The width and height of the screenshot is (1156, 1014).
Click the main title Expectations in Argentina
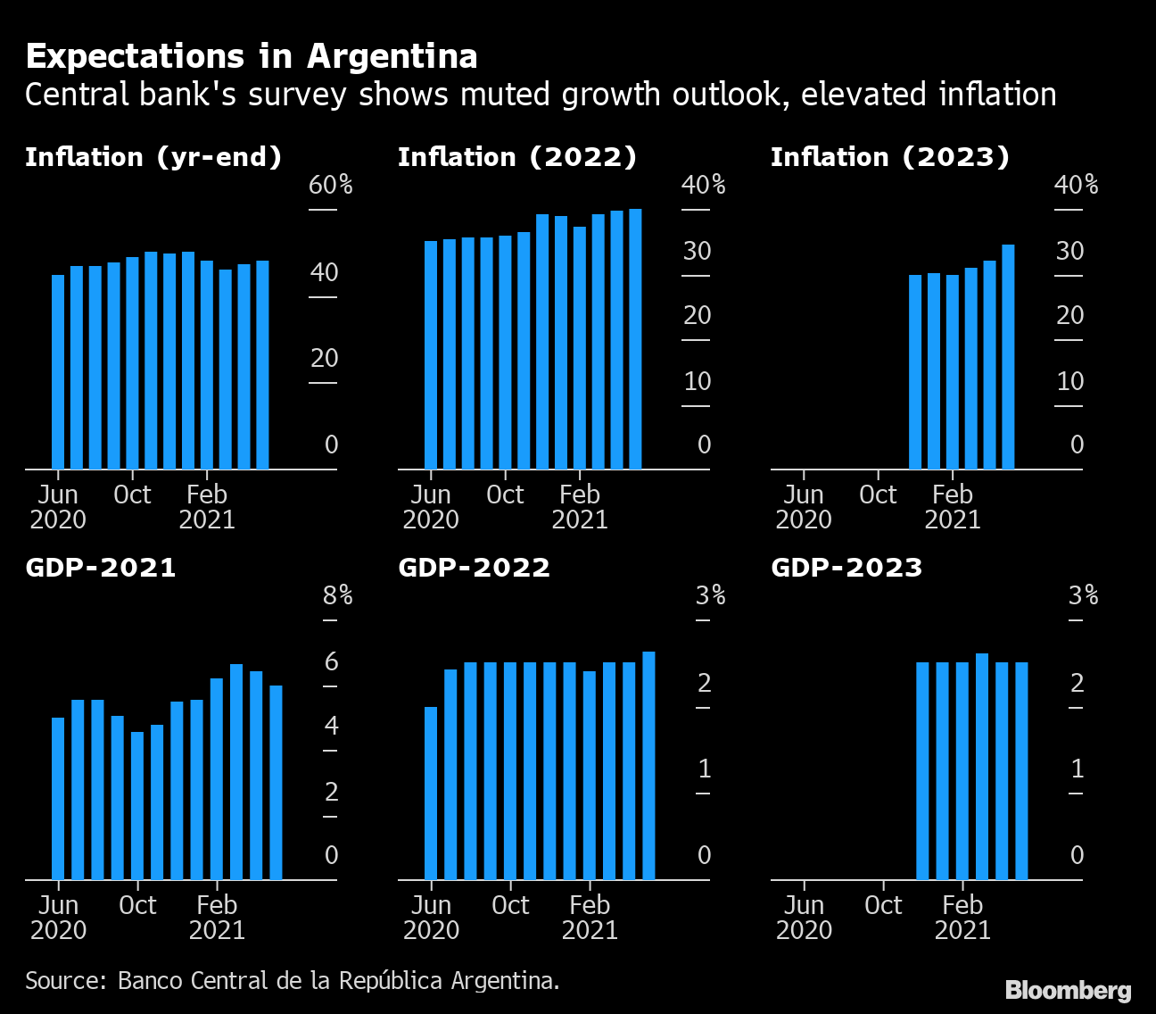click(x=251, y=56)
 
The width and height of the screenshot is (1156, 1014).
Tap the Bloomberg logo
click(x=1068, y=990)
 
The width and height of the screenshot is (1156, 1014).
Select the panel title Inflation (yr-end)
click(x=153, y=157)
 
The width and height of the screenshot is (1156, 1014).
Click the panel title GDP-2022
click(x=474, y=568)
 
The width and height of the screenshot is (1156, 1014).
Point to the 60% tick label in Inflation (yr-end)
click(x=330, y=186)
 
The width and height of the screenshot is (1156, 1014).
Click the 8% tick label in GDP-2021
click(x=337, y=596)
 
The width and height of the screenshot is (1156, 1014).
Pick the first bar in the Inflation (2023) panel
click(x=915, y=371)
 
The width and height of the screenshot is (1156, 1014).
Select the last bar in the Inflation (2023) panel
click(x=1008, y=357)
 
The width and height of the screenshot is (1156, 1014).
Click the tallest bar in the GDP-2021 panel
click(x=236, y=771)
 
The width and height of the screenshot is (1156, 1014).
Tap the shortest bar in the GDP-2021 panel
click(x=137, y=805)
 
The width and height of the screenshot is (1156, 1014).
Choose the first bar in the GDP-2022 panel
click(x=431, y=793)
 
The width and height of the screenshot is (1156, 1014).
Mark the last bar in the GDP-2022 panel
click(x=648, y=766)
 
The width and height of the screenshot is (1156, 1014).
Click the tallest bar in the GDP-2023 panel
click(x=982, y=766)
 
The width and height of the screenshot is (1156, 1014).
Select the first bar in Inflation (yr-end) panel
click(x=58, y=371)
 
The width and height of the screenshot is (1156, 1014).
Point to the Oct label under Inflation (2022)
click(x=505, y=495)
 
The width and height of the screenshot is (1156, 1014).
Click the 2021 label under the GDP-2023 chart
click(x=962, y=930)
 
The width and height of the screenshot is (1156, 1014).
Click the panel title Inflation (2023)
click(x=889, y=157)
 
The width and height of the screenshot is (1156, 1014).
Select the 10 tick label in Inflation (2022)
click(x=697, y=381)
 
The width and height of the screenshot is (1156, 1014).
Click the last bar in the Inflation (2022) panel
click(x=635, y=339)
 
